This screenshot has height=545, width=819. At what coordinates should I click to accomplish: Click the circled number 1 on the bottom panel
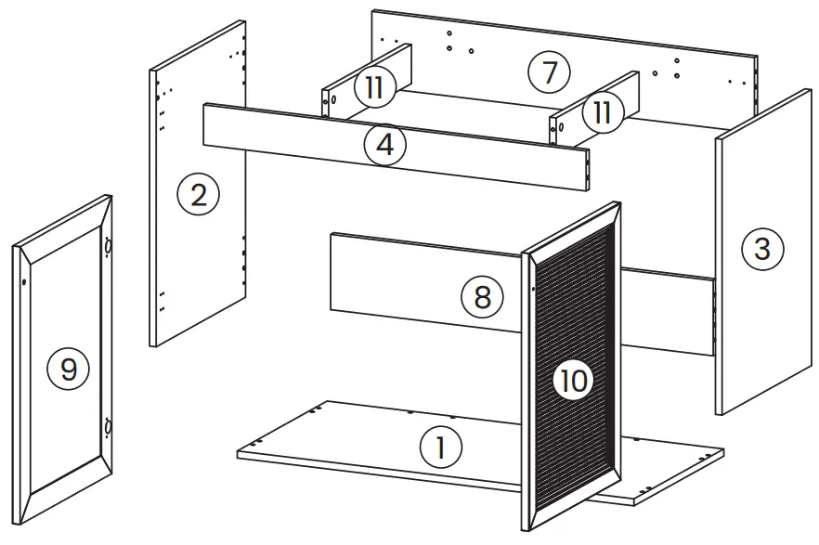(x=440, y=448)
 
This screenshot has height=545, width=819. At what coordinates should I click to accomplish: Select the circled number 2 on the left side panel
(x=198, y=196)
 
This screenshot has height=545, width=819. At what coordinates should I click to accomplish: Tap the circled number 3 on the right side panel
(x=762, y=248)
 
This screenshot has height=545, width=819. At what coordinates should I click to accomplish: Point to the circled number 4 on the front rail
(x=384, y=147)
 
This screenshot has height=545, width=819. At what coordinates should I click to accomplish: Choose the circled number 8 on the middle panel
(x=482, y=298)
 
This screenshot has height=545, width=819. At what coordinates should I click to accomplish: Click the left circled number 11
(x=374, y=87)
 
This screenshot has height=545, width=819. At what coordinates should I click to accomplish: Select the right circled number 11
(x=602, y=113)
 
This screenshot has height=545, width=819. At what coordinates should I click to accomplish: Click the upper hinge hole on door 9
(x=108, y=249)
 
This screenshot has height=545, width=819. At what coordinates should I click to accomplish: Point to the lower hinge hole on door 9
(x=107, y=427)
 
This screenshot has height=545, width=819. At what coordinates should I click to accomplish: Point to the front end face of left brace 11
(x=328, y=102)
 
